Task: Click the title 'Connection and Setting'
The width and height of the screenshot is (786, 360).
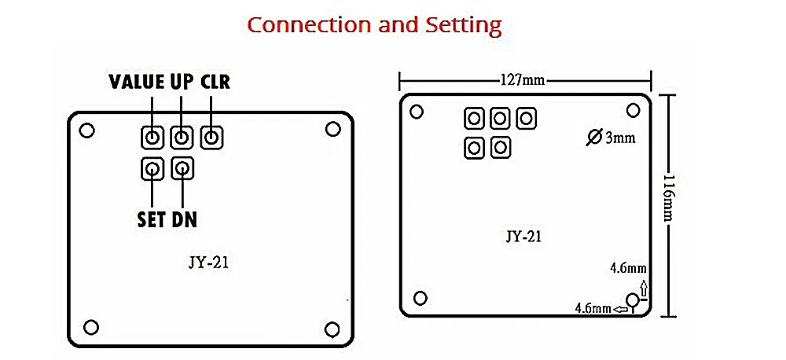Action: (x=375, y=24)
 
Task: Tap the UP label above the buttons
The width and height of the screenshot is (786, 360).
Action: (x=182, y=82)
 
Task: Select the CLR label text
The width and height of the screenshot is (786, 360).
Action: (x=215, y=82)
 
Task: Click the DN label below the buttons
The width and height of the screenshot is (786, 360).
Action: (x=184, y=219)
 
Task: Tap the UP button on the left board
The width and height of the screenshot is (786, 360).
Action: (x=182, y=138)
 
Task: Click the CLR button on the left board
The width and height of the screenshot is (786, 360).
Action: (x=211, y=138)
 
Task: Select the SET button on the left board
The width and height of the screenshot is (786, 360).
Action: (x=152, y=168)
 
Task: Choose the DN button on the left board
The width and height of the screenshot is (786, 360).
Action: (x=182, y=168)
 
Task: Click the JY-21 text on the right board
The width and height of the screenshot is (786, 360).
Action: (x=523, y=236)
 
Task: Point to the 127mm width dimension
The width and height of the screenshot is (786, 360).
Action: (x=523, y=79)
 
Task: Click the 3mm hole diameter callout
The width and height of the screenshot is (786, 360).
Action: (x=611, y=138)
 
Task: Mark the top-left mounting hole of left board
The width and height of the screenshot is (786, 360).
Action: (x=87, y=130)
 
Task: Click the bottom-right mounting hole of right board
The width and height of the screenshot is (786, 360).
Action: (x=633, y=300)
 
